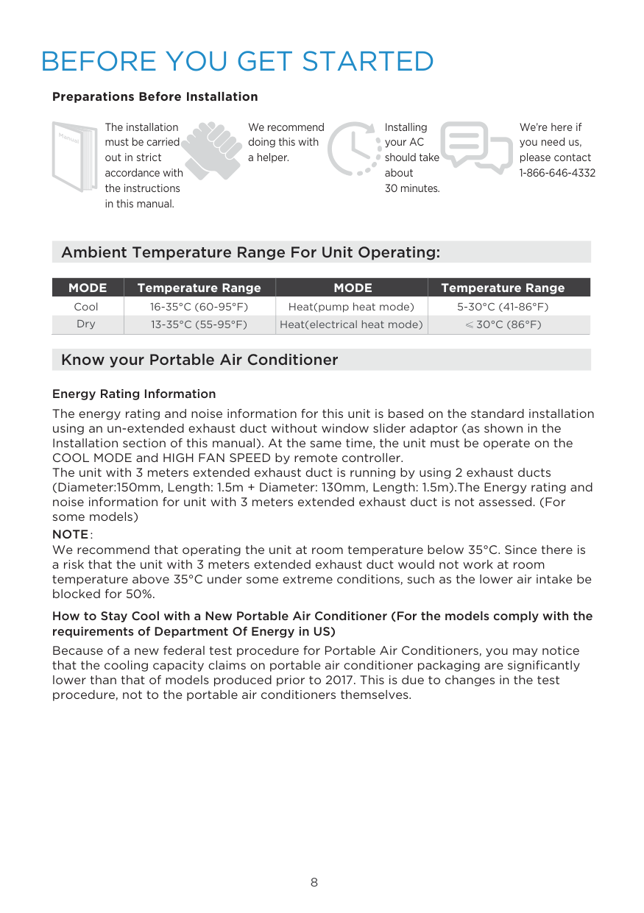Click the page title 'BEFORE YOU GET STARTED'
pyautogui.click(x=237, y=61)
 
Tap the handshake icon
pyautogui.click(x=212, y=149)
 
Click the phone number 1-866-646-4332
pyautogui.click(x=557, y=173)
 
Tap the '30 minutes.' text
pyautogui.click(x=412, y=188)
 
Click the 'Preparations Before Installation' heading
pyautogui.click(x=155, y=97)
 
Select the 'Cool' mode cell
pyautogui.click(x=86, y=307)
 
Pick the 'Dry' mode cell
pyautogui.click(x=86, y=324)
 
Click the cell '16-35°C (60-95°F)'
pyautogui.click(x=199, y=307)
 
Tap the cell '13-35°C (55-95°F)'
pyautogui.click(x=199, y=324)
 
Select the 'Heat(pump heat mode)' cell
pyautogui.click(x=351, y=307)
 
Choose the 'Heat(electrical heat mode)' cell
pyautogui.click(x=351, y=324)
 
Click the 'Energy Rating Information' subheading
pyautogui.click(x=134, y=394)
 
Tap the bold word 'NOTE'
pyautogui.click(x=70, y=535)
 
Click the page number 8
pyautogui.click(x=314, y=882)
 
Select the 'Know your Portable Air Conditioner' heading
pyautogui.click(x=199, y=360)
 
